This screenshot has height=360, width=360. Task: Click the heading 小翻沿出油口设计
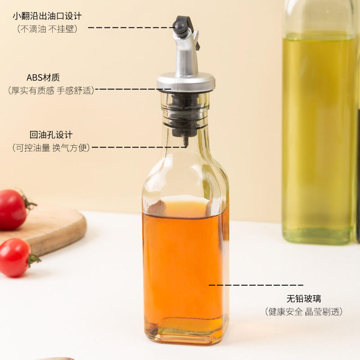tap(47, 16)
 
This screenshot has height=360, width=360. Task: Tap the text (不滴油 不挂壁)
tap(47, 29)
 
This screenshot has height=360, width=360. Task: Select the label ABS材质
tap(43, 77)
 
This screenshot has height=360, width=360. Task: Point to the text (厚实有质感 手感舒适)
tap(51, 90)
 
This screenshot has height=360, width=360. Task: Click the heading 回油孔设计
tap(51, 135)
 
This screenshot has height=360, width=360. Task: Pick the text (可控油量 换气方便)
tap(51, 148)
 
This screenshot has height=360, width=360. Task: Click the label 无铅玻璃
tap(304, 299)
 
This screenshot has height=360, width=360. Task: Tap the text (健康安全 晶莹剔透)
tap(304, 311)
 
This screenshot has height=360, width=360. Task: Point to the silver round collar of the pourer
tap(186, 82)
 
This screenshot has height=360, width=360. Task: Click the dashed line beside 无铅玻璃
tap(256, 285)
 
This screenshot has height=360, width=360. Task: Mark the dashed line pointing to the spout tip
tap(131, 27)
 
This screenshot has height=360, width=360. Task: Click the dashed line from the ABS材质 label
tap(133, 89)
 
